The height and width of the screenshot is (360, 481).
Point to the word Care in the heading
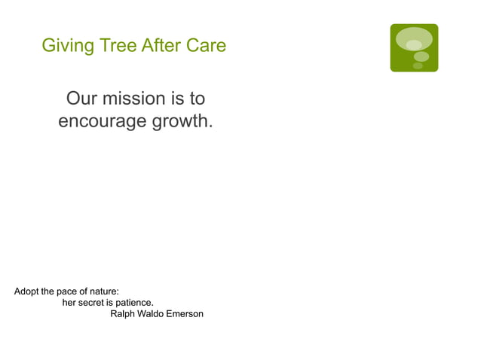point(207,46)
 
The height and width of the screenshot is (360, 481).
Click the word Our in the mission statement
point(83,99)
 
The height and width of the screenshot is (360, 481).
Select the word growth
point(182,121)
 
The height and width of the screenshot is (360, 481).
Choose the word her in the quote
point(69,303)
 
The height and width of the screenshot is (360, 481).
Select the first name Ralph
point(124,313)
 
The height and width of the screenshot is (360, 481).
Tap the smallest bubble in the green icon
point(418,66)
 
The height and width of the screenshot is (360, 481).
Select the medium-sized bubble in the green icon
point(421,56)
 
